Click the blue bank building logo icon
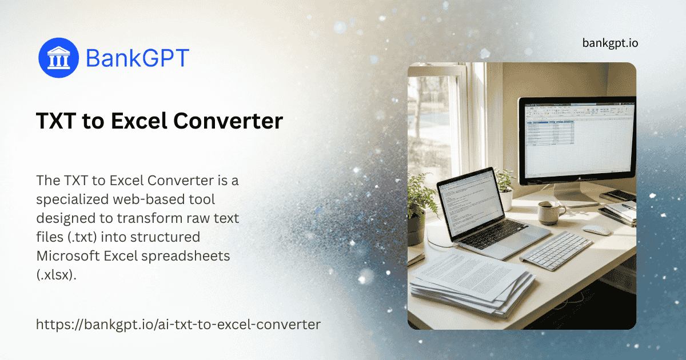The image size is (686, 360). (x=58, y=58)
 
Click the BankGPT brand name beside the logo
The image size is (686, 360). (x=137, y=58)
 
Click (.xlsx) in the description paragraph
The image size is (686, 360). (x=56, y=275)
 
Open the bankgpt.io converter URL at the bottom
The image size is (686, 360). (x=178, y=325)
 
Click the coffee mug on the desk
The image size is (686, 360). (x=550, y=213)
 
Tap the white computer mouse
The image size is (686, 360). (x=597, y=230)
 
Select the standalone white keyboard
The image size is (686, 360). (x=556, y=250)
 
